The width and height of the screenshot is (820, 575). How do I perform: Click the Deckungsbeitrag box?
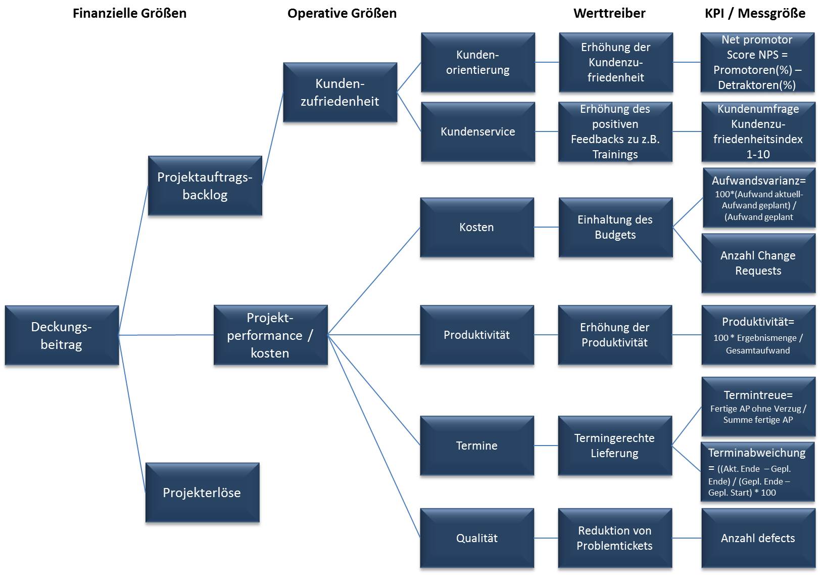click(x=62, y=335)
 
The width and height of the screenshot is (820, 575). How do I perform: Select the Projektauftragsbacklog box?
click(x=205, y=186)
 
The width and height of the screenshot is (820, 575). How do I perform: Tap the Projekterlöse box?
click(x=202, y=493)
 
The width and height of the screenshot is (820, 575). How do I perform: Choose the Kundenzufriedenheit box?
click(x=340, y=92)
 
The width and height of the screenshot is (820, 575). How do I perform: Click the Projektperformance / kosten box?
click(x=270, y=335)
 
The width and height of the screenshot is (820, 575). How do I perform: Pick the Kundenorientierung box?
click(x=477, y=62)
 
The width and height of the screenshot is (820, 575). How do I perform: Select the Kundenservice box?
click(x=477, y=131)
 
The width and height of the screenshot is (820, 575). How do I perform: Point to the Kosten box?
click(x=476, y=227)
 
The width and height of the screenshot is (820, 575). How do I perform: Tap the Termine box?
click(x=476, y=446)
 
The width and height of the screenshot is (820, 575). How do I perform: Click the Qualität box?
click(x=476, y=538)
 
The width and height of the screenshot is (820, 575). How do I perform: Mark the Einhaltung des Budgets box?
click(x=615, y=227)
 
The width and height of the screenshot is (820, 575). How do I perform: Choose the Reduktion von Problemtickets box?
click(x=614, y=538)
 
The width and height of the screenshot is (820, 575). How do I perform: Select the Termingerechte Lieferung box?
click(x=614, y=446)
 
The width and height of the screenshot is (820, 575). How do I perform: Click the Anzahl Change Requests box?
click(x=758, y=263)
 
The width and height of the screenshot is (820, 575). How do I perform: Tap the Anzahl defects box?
click(x=758, y=538)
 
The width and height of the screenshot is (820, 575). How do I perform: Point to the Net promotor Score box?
click(x=757, y=62)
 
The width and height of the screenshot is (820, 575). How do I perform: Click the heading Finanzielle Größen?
click(x=129, y=14)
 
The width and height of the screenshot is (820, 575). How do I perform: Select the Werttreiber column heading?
click(x=609, y=14)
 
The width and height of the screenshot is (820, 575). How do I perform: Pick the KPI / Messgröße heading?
click(x=755, y=14)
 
